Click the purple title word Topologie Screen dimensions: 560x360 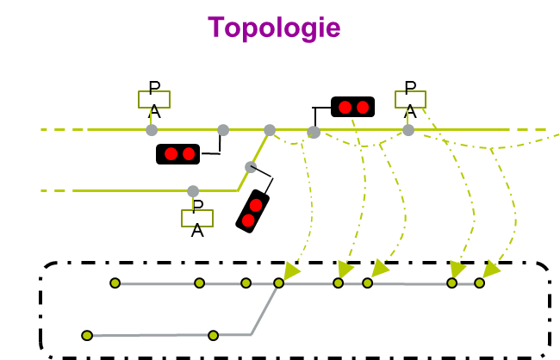pyautogui.click(x=274, y=28)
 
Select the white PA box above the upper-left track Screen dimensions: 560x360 pyautogui.click(x=154, y=99)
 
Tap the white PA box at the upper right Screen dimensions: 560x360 pyautogui.click(x=410, y=99)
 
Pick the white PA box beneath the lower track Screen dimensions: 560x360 pyautogui.click(x=197, y=218)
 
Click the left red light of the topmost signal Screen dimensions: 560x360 pyautogui.click(x=345, y=107)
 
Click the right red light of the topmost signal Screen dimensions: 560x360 pyautogui.click(x=363, y=107)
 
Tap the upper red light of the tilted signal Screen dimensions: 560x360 pyautogui.click(x=256, y=205)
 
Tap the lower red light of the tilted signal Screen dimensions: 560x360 pyautogui.click(x=248, y=220)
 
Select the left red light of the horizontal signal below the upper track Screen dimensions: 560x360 pyautogui.click(x=171, y=154)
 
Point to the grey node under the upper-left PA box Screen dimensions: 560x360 pyautogui.click(x=152, y=130)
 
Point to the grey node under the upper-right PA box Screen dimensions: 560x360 pyautogui.click(x=408, y=130)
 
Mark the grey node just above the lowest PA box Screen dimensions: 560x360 pyautogui.click(x=193, y=191)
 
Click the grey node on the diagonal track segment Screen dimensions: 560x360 pyautogui.click(x=250, y=166)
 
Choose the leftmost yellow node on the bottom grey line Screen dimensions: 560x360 pyautogui.click(x=87, y=335)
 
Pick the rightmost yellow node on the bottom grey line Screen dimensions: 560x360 pyautogui.click(x=213, y=335)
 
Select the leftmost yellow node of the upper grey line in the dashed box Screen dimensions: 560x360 pyautogui.click(x=115, y=282)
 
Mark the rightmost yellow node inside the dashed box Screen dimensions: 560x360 pyautogui.click(x=479, y=282)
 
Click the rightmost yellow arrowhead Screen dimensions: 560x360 pyautogui.click(x=490, y=270)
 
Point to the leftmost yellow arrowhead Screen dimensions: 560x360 pyautogui.click(x=291, y=271)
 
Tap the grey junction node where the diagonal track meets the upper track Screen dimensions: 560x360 pyautogui.click(x=270, y=130)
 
